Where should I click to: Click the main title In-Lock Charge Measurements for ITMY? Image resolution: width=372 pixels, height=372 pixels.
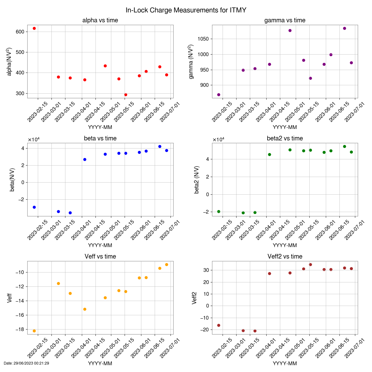(186, 10)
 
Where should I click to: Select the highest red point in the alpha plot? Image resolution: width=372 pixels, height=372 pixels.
(34, 28)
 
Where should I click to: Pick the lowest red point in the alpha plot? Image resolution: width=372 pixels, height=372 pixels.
(126, 95)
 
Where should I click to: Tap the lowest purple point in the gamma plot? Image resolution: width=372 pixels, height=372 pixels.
(219, 95)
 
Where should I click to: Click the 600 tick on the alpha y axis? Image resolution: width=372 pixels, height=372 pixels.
(20, 32)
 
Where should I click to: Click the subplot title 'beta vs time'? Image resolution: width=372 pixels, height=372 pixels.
(100, 138)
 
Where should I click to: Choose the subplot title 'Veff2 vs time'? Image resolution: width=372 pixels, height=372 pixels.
(285, 256)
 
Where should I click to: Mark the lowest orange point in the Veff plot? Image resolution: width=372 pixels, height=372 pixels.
(34, 331)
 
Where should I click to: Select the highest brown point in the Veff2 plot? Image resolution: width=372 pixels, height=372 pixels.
(310, 264)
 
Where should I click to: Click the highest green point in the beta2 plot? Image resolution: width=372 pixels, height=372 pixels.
(344, 146)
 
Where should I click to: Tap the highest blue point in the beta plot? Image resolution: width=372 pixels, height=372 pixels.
(160, 146)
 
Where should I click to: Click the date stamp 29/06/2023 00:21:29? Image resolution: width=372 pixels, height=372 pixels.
(26, 363)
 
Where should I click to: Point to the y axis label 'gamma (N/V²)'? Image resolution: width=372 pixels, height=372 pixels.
(191, 62)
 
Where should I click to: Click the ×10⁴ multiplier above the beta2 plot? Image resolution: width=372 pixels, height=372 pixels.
(219, 139)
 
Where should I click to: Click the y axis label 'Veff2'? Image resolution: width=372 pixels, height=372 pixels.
(195, 298)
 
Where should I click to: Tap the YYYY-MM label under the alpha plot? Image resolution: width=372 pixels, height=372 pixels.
(100, 127)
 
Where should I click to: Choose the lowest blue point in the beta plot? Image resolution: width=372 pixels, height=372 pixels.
(70, 213)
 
